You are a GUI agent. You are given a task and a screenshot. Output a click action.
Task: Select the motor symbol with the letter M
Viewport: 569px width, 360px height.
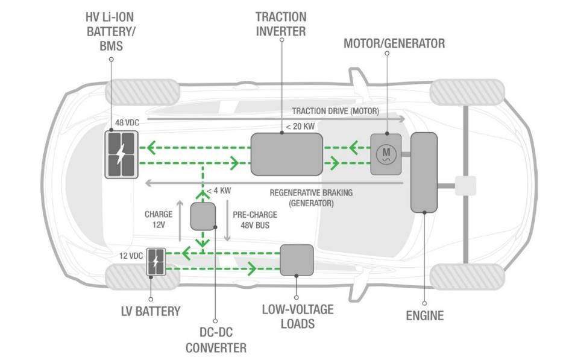click(386, 154)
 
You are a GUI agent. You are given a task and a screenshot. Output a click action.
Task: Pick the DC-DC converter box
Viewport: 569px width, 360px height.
click(203, 216)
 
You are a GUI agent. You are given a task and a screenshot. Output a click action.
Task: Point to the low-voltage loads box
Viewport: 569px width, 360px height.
click(297, 260)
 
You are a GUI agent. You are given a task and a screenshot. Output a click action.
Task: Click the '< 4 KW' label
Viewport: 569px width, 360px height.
click(219, 191)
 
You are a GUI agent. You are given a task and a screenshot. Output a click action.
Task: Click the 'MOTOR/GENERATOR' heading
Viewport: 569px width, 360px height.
click(394, 43)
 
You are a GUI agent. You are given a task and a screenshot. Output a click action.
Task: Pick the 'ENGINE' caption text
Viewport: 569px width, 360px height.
click(425, 315)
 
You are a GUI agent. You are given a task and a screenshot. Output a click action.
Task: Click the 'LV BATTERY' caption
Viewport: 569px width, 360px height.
click(151, 312)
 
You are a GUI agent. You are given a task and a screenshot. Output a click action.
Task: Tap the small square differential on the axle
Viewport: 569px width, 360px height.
click(465, 185)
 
